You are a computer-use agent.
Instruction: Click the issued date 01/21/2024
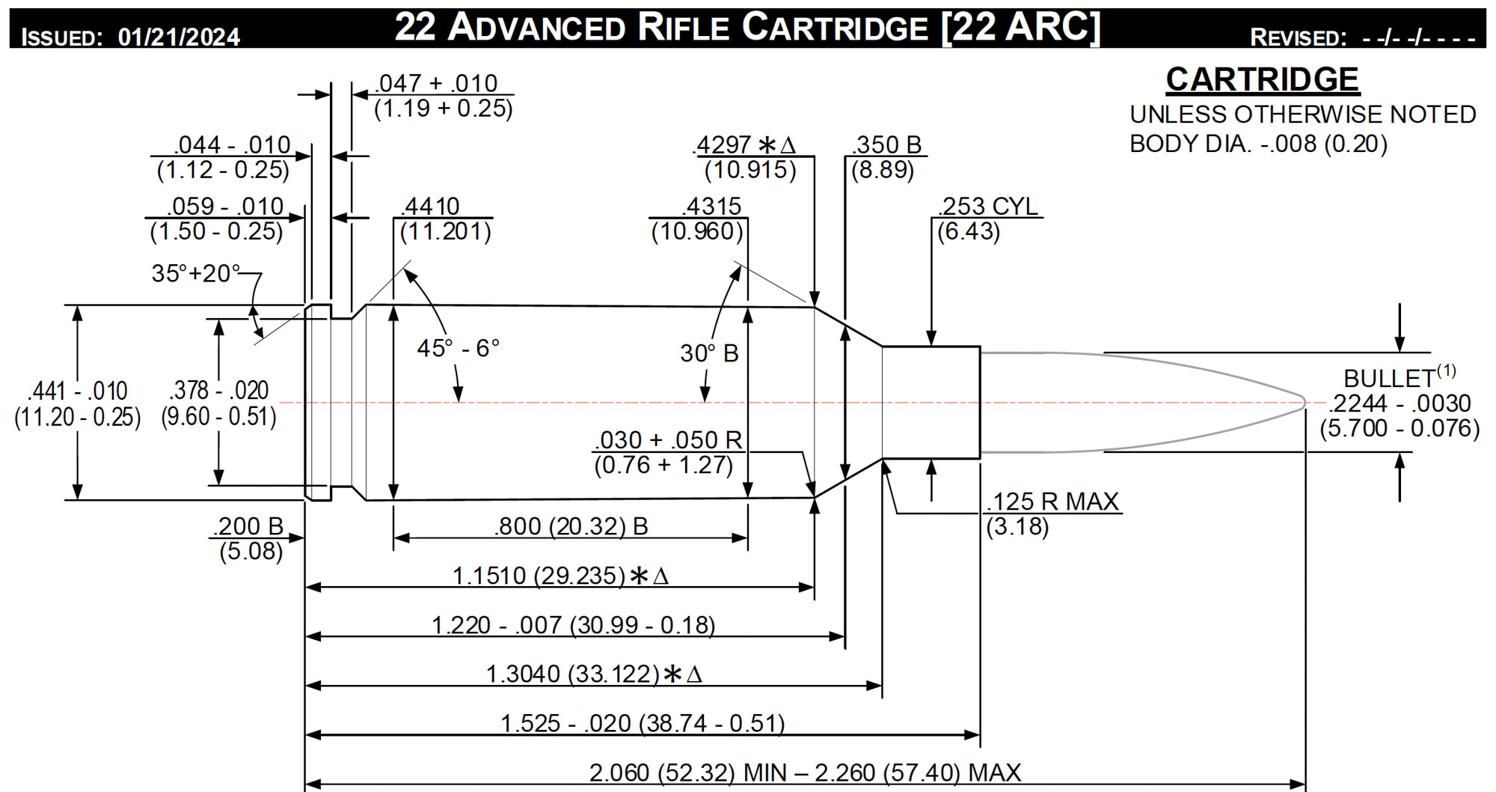tap(179, 37)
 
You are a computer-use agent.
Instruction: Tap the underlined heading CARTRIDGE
tap(1262, 79)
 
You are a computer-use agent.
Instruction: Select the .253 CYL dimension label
tap(988, 206)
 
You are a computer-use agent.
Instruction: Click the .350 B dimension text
tap(888, 144)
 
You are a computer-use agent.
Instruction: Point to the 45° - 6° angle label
tap(458, 348)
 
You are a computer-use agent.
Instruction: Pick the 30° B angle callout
tap(709, 353)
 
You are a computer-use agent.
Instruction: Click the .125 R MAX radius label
tap(1053, 502)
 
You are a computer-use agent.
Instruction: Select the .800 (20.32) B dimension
tap(571, 526)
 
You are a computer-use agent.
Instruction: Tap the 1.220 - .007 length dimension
tap(573, 625)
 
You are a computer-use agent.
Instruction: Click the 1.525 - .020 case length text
tap(643, 723)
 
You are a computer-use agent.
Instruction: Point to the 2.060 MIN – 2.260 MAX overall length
tap(805, 773)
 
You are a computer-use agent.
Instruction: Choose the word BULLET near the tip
tap(1389, 378)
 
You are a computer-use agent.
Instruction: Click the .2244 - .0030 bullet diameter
tap(1400, 403)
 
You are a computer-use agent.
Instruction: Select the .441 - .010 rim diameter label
tap(78, 391)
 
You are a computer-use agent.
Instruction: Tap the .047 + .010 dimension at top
tap(436, 83)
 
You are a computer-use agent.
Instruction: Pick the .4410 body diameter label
tap(430, 206)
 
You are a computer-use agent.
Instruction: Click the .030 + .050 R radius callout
tap(669, 440)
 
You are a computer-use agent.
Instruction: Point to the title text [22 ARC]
tap(1022, 28)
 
